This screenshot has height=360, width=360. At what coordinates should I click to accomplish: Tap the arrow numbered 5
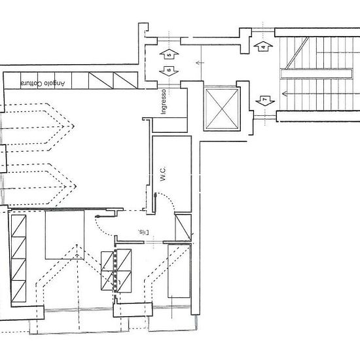[168, 54]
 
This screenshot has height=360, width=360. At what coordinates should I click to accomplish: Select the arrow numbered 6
[168, 69]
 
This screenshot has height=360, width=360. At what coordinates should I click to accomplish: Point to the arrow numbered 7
[264, 101]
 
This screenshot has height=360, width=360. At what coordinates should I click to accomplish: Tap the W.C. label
[162, 175]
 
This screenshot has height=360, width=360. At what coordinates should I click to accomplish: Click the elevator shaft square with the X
[222, 109]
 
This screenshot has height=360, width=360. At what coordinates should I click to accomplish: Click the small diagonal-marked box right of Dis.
[184, 226]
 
